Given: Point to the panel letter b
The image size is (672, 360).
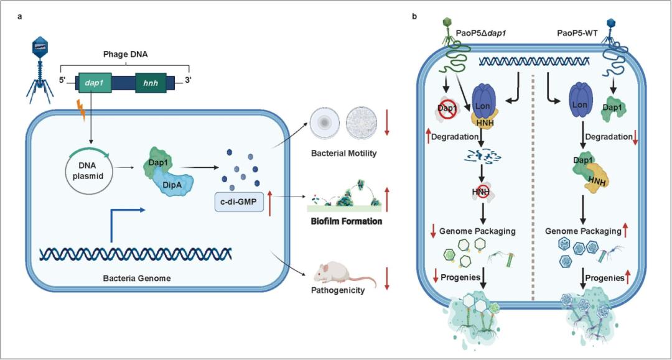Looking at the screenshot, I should [x=414, y=17].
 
